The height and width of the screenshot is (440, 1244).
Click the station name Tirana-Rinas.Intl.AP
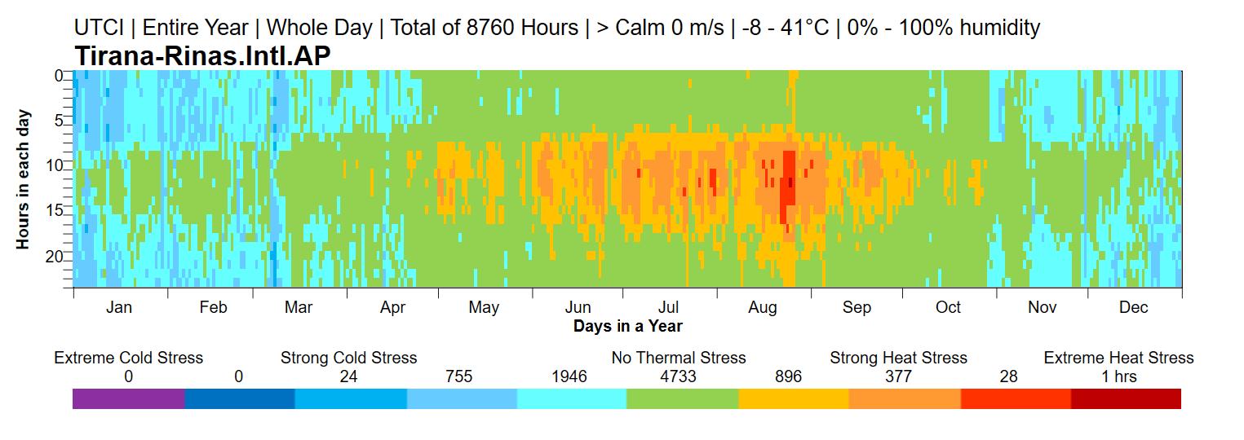tap(202, 55)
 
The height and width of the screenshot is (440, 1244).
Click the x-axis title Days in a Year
tap(627, 326)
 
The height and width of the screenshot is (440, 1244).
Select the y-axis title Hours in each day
tap(23, 180)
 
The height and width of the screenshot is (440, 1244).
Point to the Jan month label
tap(119, 307)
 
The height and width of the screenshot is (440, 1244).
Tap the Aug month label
tap(763, 307)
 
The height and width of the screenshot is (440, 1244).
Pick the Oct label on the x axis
tap(948, 307)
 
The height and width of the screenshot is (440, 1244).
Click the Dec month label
tap(1133, 307)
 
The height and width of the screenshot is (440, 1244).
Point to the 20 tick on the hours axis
tap(55, 257)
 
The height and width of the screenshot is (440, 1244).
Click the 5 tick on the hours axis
tap(59, 121)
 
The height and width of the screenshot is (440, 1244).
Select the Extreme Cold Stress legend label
tap(128, 358)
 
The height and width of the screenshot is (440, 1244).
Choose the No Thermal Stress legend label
tap(679, 358)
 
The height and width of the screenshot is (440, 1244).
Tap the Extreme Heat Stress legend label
tap(1118, 358)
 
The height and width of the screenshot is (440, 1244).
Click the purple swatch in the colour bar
tap(128, 399)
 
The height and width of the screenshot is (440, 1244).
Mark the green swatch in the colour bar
tap(683, 399)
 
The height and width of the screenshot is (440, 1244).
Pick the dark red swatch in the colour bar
tap(1126, 399)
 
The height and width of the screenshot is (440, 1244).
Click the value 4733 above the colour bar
tap(678, 376)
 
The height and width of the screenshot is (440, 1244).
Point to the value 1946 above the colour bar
tap(569, 376)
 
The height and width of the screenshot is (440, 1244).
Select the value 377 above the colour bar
tap(898, 376)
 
